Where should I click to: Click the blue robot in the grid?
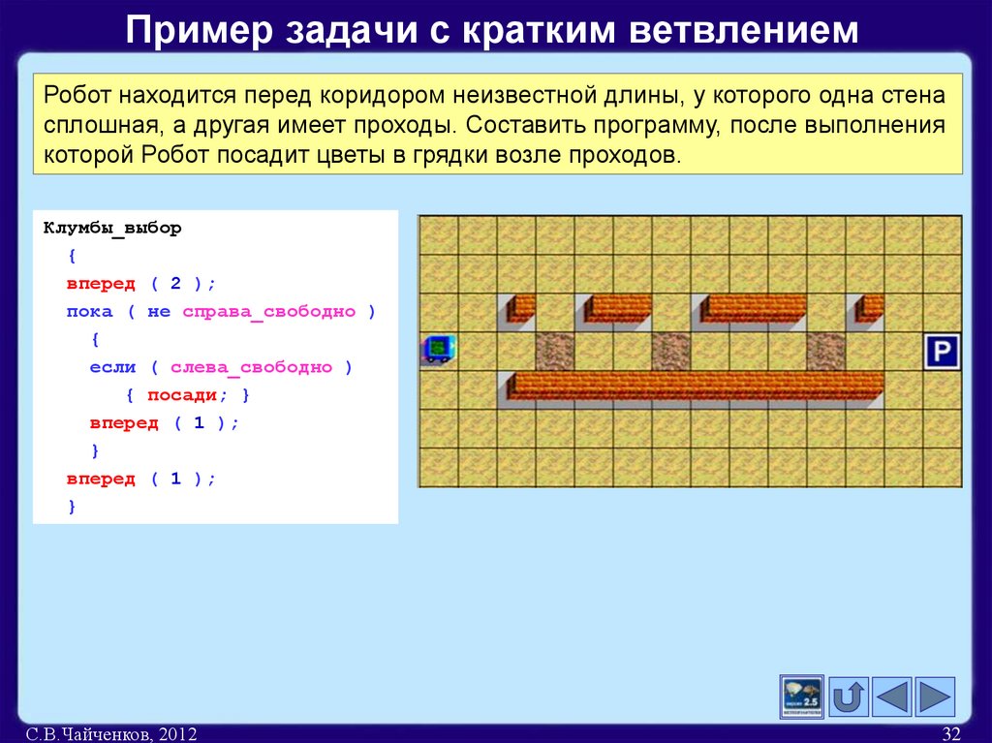pos(438,349)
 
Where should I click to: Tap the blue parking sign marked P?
pos(942,351)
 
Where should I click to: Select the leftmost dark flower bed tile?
pos(554,351)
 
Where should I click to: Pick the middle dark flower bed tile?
pos(670,351)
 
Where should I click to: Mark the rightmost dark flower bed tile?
pos(825,351)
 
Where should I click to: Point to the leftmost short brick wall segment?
pos(520,308)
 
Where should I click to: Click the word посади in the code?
pos(181,395)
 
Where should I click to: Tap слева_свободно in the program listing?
pos(251,367)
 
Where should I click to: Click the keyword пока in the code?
pos(89,312)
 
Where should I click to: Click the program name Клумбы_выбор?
pos(112,229)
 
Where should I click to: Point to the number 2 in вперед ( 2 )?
pos(175,284)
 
